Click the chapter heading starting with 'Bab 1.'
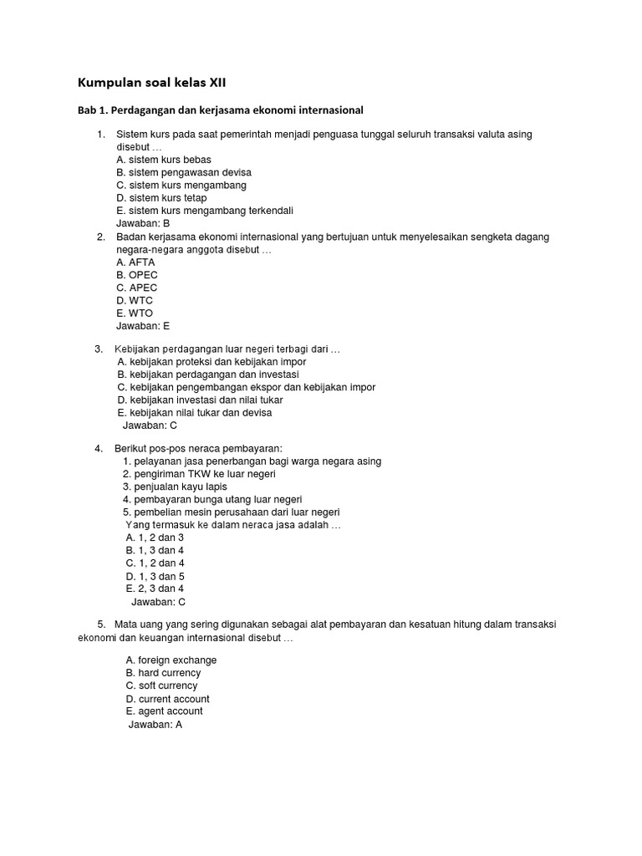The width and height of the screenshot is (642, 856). [x=221, y=110]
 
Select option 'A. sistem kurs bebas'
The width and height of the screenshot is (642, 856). [x=164, y=160]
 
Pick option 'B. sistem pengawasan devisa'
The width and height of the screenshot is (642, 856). [x=184, y=172]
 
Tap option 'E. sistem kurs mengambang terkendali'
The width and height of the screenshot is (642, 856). [x=205, y=211]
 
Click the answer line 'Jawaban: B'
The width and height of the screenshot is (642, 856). [x=143, y=223]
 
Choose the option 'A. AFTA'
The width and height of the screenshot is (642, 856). [x=135, y=262]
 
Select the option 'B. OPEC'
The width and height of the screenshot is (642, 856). [x=137, y=275]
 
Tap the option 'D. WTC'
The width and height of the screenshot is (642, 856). [x=135, y=300]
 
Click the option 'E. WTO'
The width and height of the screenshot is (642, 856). [x=135, y=313]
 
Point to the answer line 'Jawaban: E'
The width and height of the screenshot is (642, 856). [x=143, y=326]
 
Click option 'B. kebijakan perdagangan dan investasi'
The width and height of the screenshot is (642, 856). [x=208, y=374]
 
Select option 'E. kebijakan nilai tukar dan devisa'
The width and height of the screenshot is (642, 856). [x=195, y=412]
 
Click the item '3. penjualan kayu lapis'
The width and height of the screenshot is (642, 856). [x=175, y=487]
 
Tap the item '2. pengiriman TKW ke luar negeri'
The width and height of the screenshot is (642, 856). [x=199, y=474]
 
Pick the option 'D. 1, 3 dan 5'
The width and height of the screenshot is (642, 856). [x=155, y=576]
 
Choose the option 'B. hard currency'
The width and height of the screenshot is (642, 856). [x=163, y=673]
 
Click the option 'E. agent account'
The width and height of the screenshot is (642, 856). [x=164, y=711]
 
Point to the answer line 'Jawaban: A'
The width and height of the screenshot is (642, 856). [x=155, y=725]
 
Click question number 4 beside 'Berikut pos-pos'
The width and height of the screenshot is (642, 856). [x=99, y=449]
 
